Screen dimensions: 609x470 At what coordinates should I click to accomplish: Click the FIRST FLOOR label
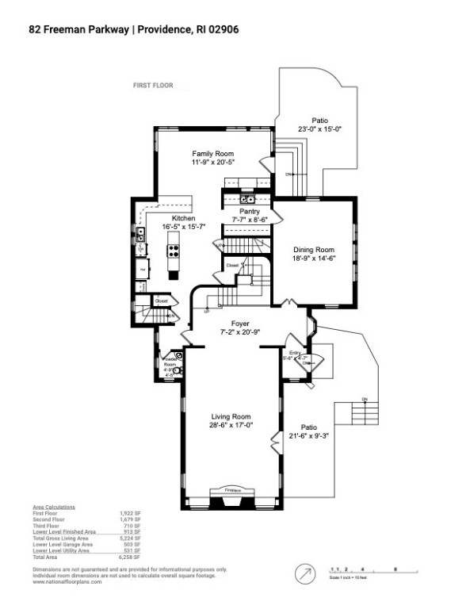[152, 86]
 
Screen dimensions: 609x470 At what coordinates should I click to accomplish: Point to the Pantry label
[250, 211]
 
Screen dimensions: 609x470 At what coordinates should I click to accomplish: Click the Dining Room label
[315, 248]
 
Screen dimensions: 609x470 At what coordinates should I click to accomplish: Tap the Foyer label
[240, 324]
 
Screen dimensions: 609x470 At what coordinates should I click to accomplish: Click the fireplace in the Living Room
[232, 497]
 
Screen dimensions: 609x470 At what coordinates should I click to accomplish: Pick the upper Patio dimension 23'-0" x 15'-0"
[319, 129]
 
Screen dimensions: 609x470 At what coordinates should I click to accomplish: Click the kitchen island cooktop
[173, 251]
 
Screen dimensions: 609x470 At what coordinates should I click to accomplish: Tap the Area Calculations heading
[54, 506]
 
